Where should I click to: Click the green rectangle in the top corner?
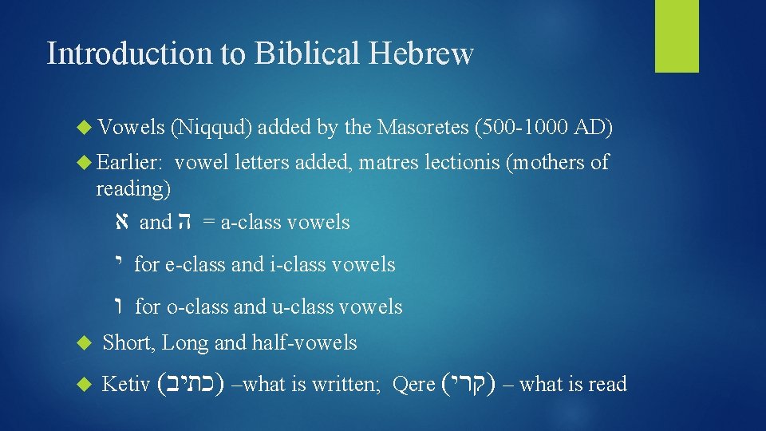pyautogui.click(x=677, y=36)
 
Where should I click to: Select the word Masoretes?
pyautogui.click(x=423, y=126)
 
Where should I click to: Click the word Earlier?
pyautogui.click(x=130, y=163)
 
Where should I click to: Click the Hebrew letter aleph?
pyautogui.click(x=120, y=222)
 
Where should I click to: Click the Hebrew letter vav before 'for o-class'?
pyautogui.click(x=120, y=306)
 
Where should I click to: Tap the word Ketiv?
pyautogui.click(x=126, y=385)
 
